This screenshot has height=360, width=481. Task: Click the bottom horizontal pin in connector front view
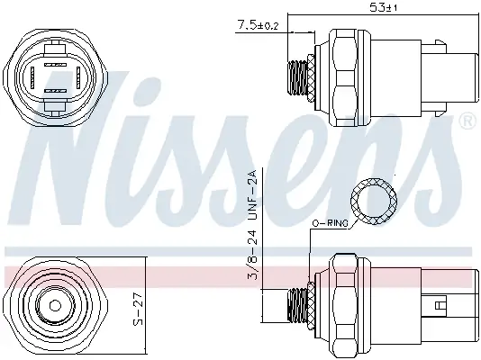point(56,92)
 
